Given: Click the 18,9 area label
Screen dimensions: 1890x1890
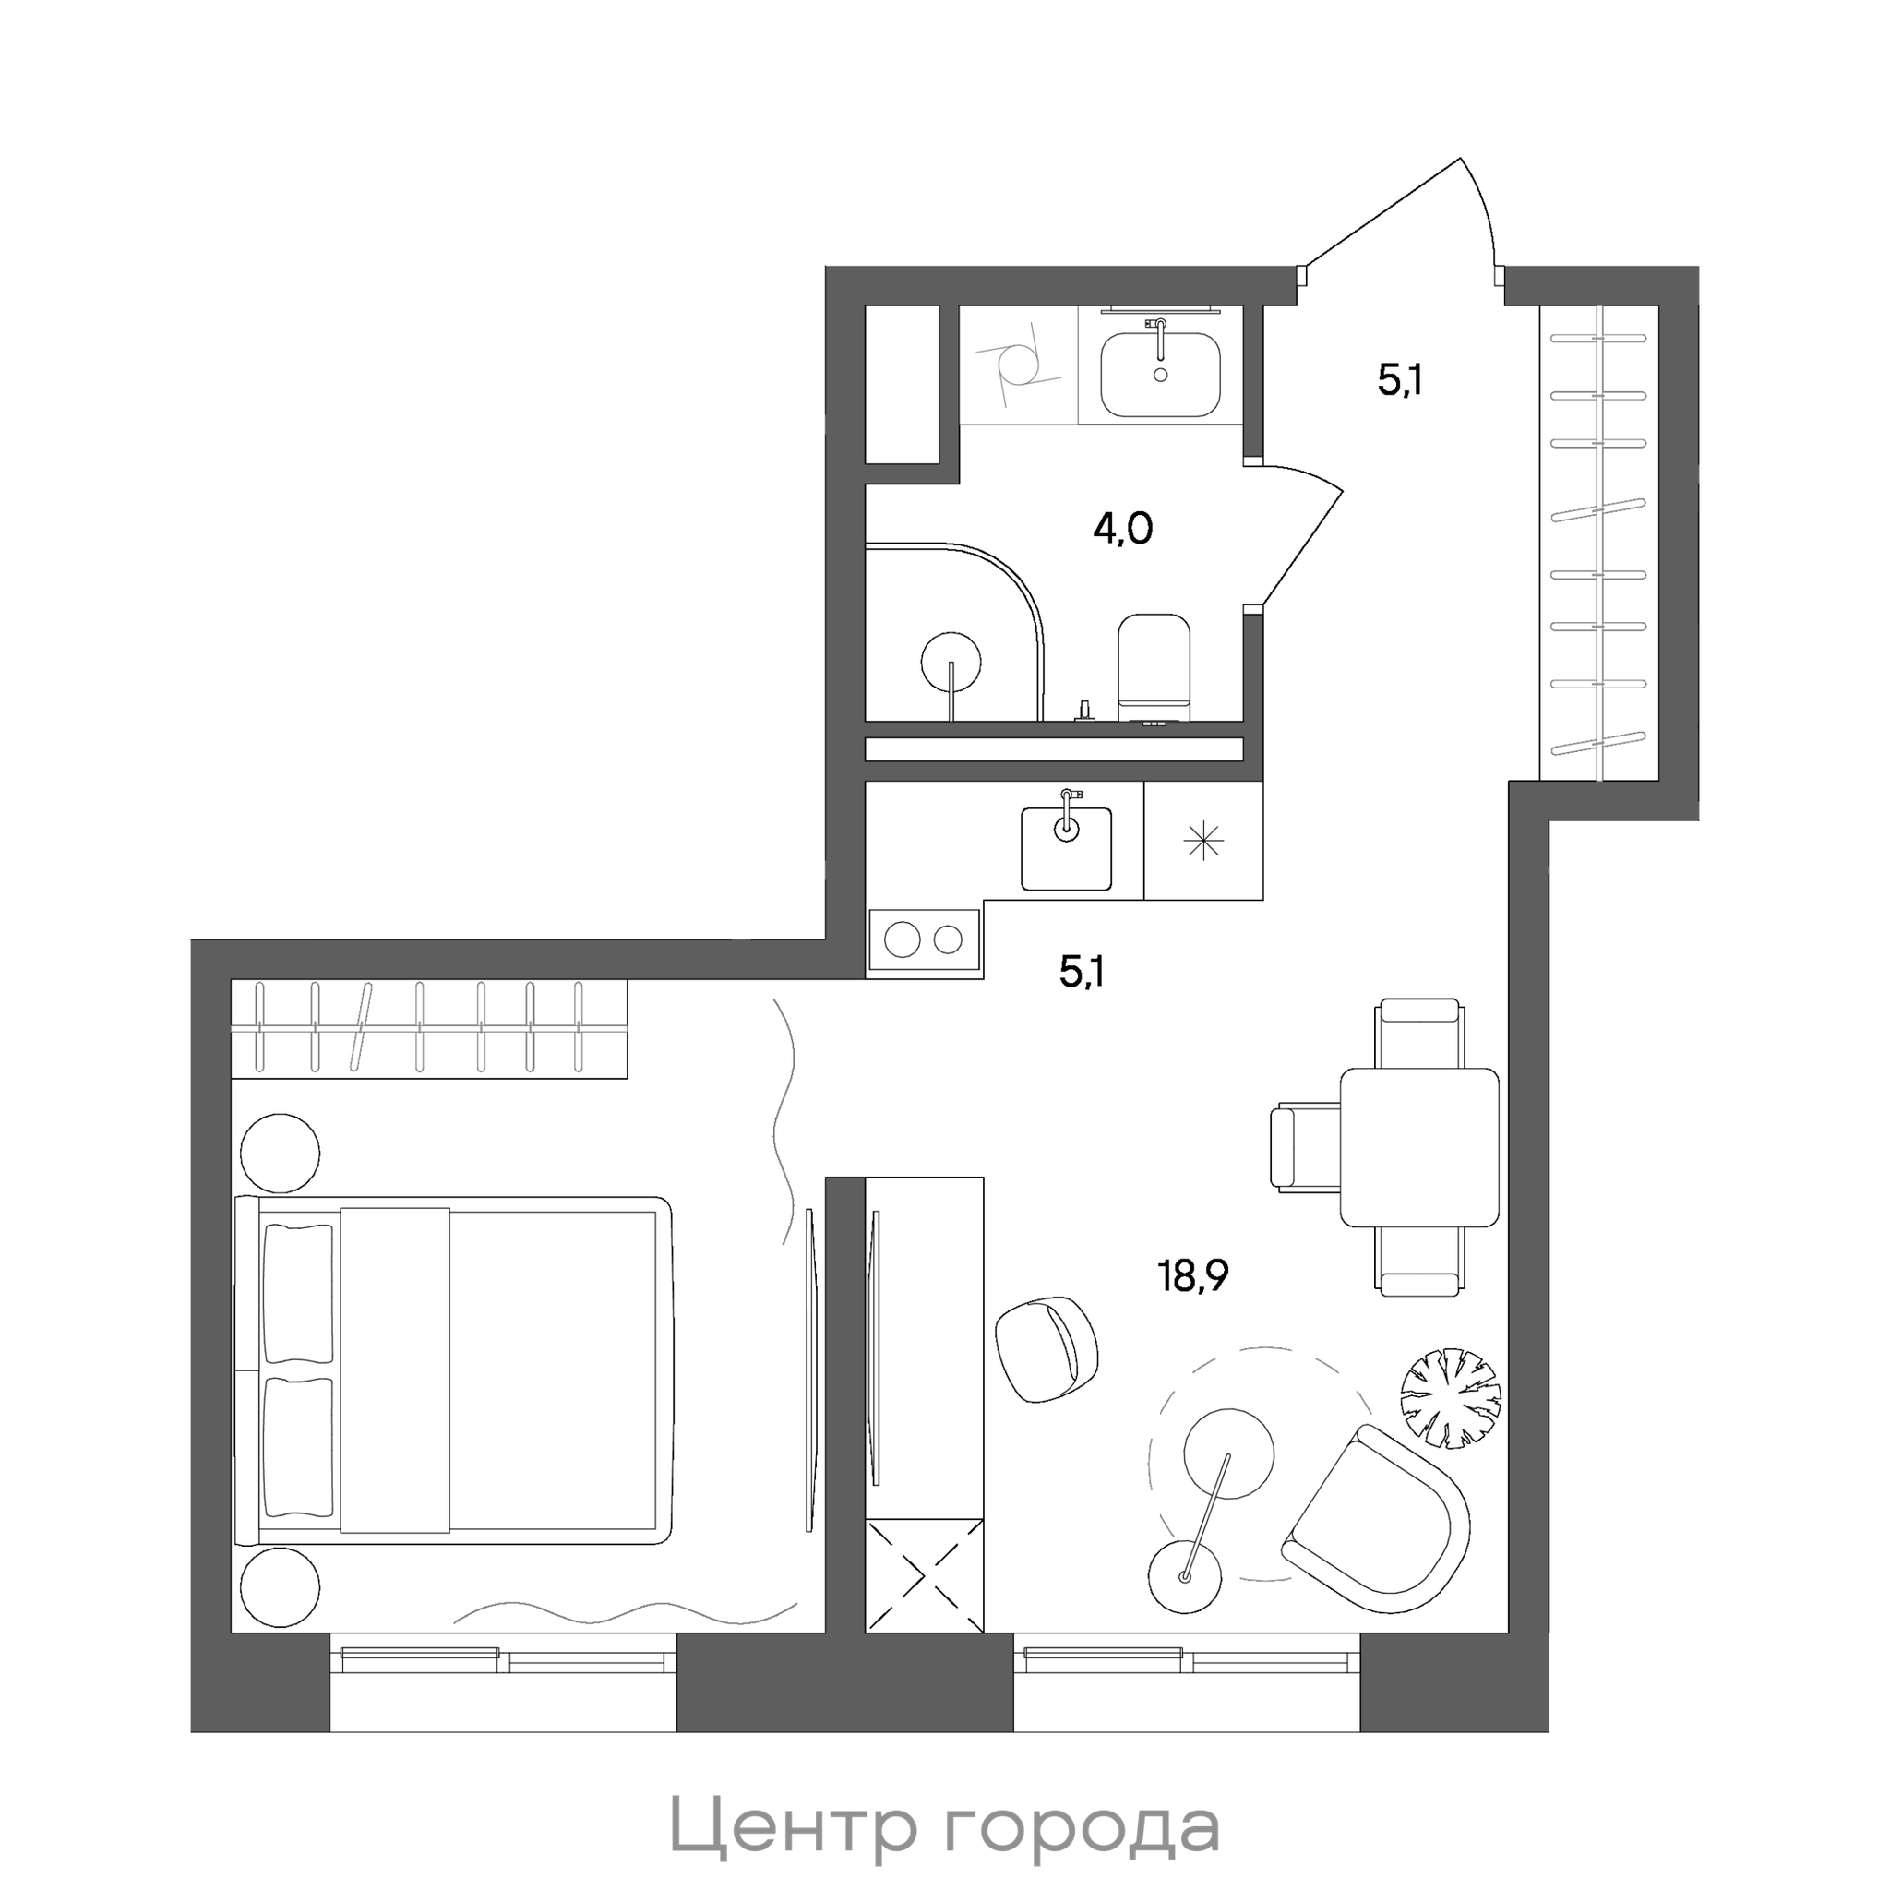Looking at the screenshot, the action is [1193, 1276].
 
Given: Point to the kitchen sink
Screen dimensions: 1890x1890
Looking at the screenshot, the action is [1066, 848].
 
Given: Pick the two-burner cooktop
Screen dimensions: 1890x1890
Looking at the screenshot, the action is [925, 940].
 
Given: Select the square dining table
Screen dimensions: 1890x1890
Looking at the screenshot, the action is [1419, 1146].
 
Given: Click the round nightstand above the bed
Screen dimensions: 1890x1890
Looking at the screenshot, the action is [280, 1154].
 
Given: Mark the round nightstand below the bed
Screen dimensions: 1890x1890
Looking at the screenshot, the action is [280, 1586].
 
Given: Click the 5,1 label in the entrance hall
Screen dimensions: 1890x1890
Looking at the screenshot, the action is [1399, 379].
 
